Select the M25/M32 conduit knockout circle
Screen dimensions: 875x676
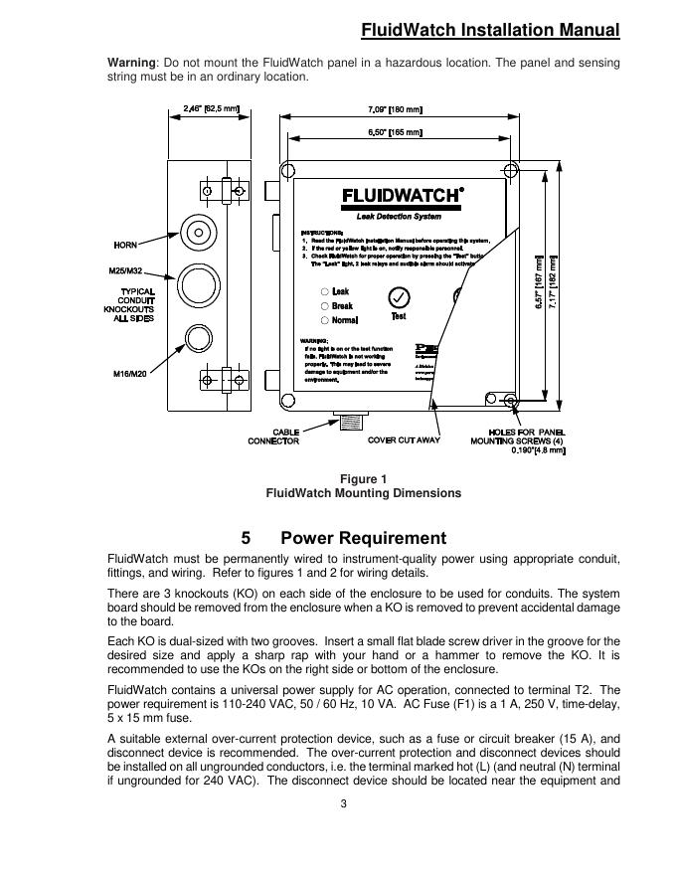pyautogui.click(x=199, y=281)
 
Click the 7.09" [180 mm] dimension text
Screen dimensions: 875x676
pyautogui.click(x=397, y=108)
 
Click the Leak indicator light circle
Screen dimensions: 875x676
pyautogui.click(x=324, y=291)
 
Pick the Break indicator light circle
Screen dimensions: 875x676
pyautogui.click(x=324, y=306)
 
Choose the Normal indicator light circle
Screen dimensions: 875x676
pyautogui.click(x=324, y=320)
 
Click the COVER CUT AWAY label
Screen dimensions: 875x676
pyautogui.click(x=404, y=439)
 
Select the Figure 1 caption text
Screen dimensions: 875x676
pyautogui.click(x=363, y=479)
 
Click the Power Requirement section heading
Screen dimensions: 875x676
pyautogui.click(x=363, y=539)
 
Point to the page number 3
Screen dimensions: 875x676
pyautogui.click(x=343, y=804)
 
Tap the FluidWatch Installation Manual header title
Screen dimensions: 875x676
pyautogui.click(x=489, y=30)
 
